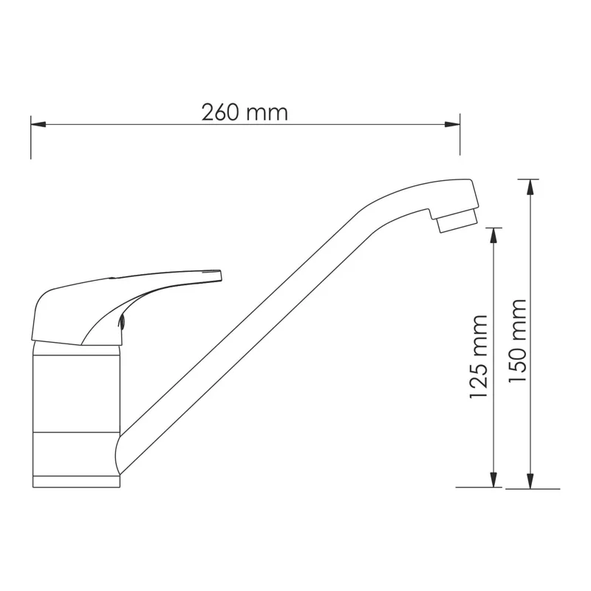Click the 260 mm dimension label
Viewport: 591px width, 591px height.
(245, 112)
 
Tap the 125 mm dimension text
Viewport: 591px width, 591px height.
(479, 357)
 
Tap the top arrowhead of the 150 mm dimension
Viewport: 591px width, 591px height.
(530, 185)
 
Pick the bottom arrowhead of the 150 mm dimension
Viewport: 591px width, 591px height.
(530, 481)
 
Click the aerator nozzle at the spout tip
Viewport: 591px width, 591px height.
(457, 219)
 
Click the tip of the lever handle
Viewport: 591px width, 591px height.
(218, 275)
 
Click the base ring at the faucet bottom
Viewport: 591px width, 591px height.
(77, 481)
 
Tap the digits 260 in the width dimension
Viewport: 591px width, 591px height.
(221, 112)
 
